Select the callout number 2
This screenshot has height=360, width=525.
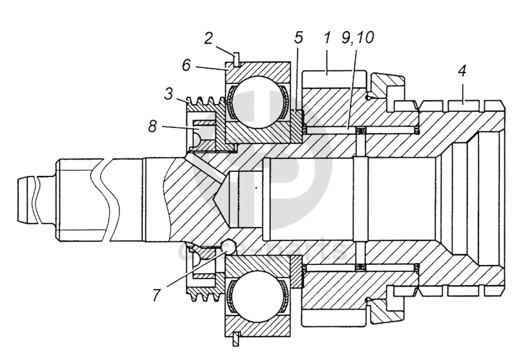point(209,37)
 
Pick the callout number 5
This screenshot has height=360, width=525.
point(298,38)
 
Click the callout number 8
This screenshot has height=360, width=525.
point(153,127)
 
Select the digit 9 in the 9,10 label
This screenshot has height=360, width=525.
point(347,38)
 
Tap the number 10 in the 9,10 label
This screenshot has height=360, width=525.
point(365,38)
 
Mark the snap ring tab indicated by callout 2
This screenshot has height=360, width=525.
point(236,58)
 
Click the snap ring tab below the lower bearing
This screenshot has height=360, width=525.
point(237,338)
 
